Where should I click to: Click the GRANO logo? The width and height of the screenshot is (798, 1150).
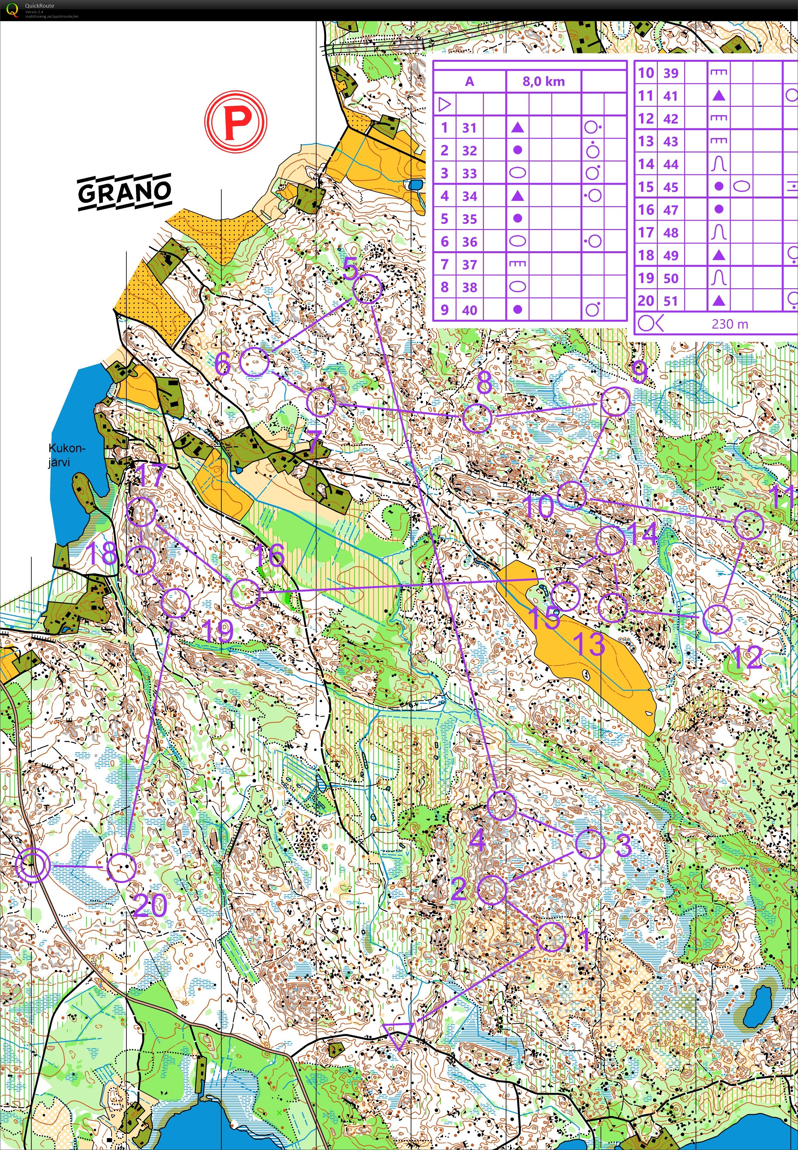(124, 192)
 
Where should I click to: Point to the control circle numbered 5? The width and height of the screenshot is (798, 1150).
(368, 289)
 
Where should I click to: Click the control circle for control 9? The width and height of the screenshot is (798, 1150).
(615, 402)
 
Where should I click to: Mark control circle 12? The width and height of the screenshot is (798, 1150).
(717, 619)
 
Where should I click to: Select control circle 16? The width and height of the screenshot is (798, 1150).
(246, 593)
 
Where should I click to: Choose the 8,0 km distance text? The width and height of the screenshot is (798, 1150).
(543, 81)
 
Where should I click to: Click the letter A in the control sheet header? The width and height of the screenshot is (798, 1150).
(469, 81)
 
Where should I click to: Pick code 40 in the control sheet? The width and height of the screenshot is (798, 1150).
(469, 310)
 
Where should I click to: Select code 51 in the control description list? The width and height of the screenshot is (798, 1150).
(670, 301)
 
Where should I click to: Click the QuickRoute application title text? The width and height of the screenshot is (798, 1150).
(40, 5)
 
